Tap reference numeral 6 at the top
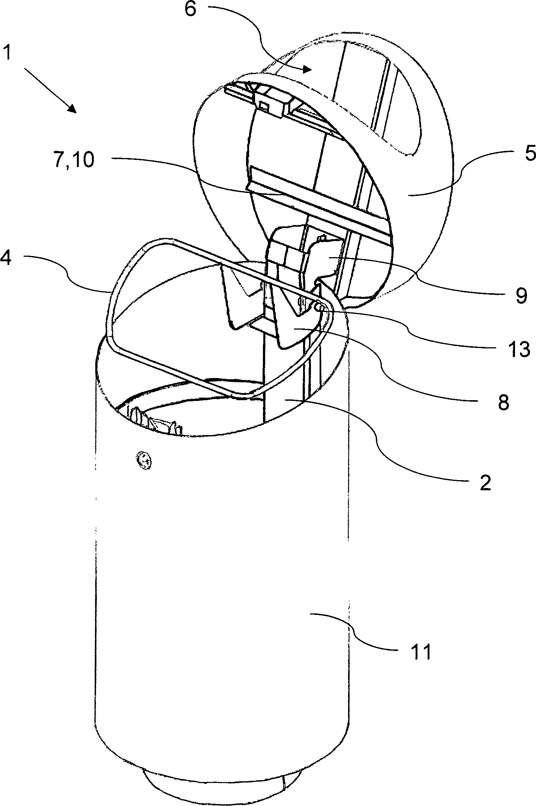pos(190,9)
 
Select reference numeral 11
pos(420,653)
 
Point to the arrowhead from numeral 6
pos(307,69)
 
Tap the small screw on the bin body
pos(144,460)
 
